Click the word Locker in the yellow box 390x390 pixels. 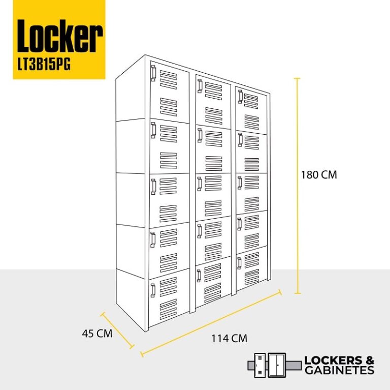click(x=60, y=37)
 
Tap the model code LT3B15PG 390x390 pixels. click(x=44, y=64)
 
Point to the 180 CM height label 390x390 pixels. click(x=319, y=174)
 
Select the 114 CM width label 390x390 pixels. click(x=229, y=339)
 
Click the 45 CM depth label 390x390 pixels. click(x=97, y=333)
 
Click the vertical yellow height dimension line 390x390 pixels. click(x=297, y=186)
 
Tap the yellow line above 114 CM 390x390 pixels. click(x=211, y=323)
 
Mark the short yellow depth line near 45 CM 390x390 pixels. click(x=117, y=330)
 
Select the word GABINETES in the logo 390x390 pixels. click(x=339, y=370)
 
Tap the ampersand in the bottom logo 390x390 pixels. click(x=370, y=361)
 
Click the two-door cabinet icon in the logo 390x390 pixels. click(x=276, y=365)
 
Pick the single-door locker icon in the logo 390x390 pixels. click(x=259, y=365)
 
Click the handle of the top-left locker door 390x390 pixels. click(x=153, y=73)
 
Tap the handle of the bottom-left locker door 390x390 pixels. click(x=153, y=290)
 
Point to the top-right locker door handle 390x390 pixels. click(x=240, y=97)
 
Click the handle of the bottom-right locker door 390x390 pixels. click(x=239, y=263)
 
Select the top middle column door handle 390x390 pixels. click(x=200, y=86)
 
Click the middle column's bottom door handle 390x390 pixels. click(x=199, y=276)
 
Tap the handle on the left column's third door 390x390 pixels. click(x=153, y=187)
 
